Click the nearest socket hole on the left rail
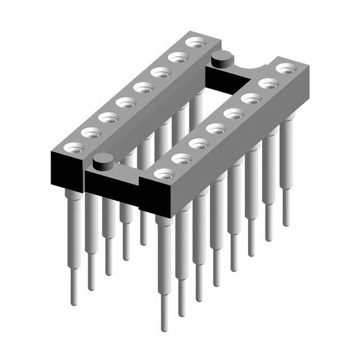point(72,147)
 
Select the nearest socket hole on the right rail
point(164,173)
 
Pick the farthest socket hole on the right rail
point(286,68)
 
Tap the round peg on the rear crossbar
point(222,56)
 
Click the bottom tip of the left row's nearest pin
point(73,303)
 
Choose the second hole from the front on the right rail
point(181,159)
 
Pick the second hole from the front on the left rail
point(89,132)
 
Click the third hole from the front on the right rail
point(199,143)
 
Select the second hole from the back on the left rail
point(178,56)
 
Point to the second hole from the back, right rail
point(268,83)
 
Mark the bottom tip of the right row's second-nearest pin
point(181,313)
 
